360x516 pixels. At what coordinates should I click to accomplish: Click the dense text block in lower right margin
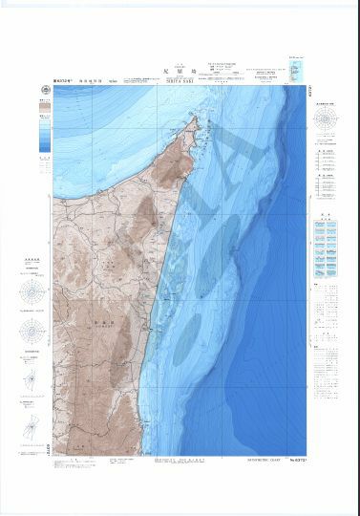coord(330,277)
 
